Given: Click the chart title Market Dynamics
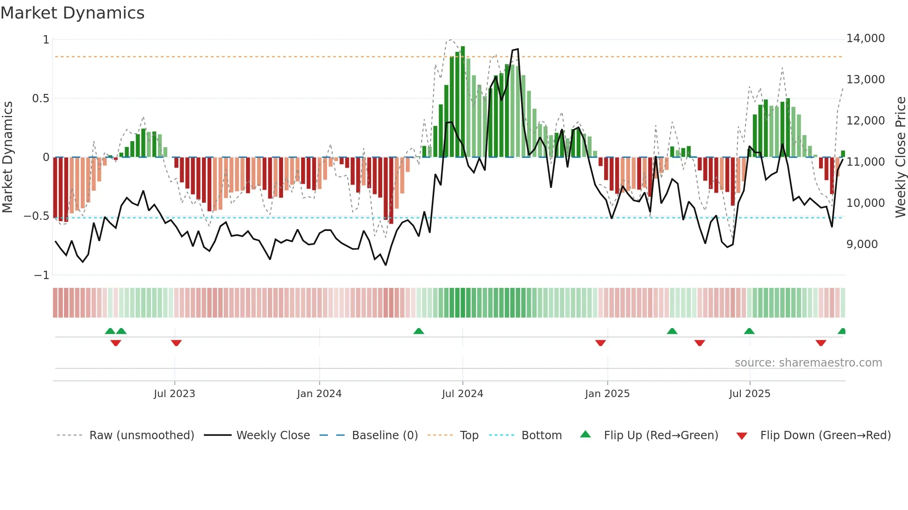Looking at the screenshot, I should pyautogui.click(x=72, y=13).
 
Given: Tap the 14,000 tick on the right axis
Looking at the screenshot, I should pyautogui.click(x=865, y=38).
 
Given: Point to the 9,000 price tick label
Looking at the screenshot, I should pyautogui.click(x=862, y=244).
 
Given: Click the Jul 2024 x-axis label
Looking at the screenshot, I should pyautogui.click(x=462, y=394).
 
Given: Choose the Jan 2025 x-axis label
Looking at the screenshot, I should pyautogui.click(x=607, y=394).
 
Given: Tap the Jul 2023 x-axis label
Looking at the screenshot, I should pyautogui.click(x=174, y=394).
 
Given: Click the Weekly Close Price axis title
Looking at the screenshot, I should pyautogui.click(x=900, y=157).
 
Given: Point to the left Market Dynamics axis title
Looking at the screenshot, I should pyautogui.click(x=7, y=157).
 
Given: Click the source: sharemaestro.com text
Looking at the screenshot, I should pyautogui.click(x=808, y=363).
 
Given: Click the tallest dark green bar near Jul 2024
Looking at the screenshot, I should pyautogui.click(x=463, y=102).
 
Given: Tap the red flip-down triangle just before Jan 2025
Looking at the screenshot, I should pyautogui.click(x=600, y=343).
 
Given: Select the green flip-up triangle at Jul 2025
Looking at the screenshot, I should pyautogui.click(x=749, y=331).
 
